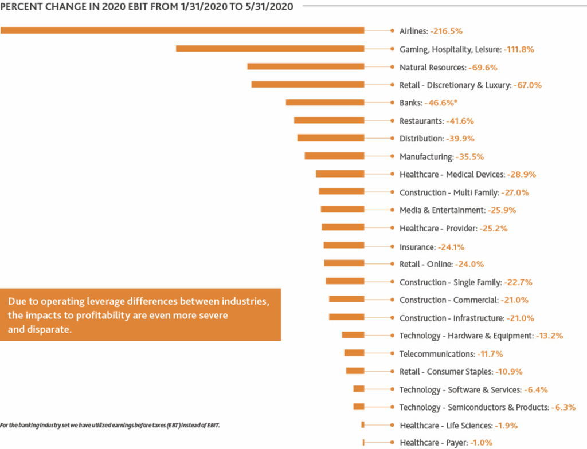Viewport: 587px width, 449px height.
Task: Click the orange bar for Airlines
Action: click(182, 30)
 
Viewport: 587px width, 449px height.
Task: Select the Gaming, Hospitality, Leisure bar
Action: click(270, 49)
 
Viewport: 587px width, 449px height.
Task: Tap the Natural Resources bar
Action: click(306, 66)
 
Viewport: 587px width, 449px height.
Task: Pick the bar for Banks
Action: click(325, 102)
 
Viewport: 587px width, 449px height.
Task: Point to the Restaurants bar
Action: click(329, 120)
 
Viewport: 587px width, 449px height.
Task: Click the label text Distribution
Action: click(421, 139)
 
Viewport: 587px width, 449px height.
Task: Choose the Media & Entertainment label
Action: click(442, 210)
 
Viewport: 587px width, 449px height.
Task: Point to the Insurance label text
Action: click(417, 247)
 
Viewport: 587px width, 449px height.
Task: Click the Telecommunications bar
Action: click(354, 353)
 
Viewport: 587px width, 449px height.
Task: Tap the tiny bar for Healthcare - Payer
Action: click(363, 442)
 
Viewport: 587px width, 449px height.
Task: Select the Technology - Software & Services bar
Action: click(359, 389)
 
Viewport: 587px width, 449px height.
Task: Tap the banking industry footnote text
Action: click(109, 425)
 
